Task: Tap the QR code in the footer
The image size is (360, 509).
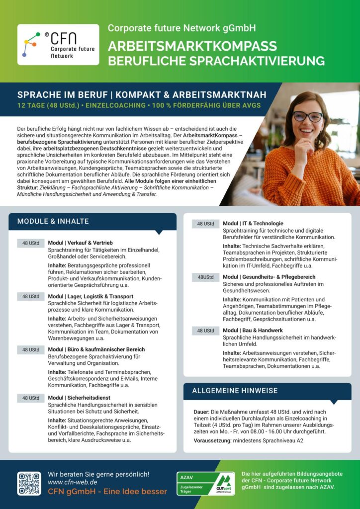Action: pos(29,483)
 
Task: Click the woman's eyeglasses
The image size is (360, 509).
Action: pos(307,116)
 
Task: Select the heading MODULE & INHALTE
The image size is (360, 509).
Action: pos(53,221)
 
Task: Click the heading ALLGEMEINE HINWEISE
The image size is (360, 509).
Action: pos(235,390)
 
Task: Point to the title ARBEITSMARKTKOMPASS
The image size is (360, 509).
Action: pos(192,46)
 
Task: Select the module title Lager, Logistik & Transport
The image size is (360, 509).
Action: pos(90,296)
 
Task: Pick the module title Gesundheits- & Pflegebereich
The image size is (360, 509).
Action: pos(269,277)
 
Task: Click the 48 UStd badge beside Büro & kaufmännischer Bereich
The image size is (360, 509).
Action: pos(30,350)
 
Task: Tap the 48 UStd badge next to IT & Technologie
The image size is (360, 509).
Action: pos(205,224)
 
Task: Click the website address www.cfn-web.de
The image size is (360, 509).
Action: pos(72,482)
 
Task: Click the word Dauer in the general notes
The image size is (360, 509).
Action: pos(202,412)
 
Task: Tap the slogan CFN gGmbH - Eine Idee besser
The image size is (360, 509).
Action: pos(107,492)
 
